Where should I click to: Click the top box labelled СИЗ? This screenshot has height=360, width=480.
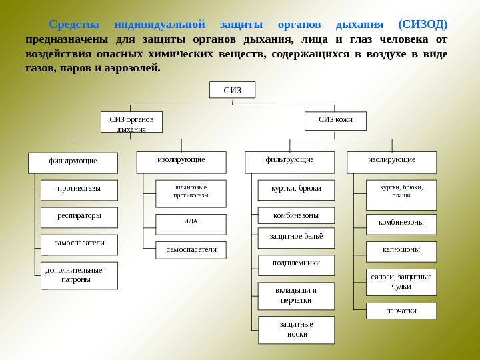232,90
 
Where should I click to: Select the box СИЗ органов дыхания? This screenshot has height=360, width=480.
131,123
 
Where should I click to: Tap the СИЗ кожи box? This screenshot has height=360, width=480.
335,121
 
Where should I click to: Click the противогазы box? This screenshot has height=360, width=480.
79,190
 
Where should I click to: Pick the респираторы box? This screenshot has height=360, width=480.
79,217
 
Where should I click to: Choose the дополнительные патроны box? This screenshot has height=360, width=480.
79,275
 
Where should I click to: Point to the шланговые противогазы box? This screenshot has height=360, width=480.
191,193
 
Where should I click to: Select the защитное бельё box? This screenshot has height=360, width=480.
296,237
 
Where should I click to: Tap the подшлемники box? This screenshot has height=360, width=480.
296,265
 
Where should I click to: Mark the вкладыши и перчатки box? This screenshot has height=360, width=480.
296,296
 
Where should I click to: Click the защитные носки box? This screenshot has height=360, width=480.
296,329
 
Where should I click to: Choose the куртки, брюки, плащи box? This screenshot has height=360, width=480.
401,192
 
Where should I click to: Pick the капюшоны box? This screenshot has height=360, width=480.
401,251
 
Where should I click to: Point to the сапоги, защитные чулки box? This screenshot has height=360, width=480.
401,282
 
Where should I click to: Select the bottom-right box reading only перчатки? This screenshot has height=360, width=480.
401,311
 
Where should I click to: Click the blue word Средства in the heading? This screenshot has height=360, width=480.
73,25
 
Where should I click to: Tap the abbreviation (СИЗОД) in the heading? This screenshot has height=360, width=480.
422,25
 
